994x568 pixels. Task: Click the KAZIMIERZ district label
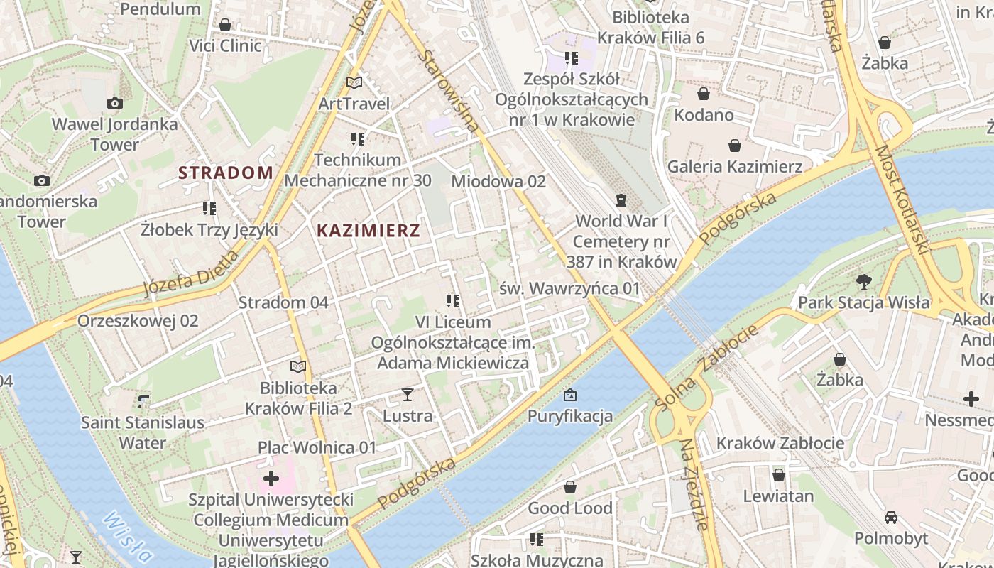pyautogui.click(x=368, y=230)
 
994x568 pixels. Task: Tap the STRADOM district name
pyautogui.click(x=226, y=173)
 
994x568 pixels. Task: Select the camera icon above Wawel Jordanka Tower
pyautogui.click(x=114, y=104)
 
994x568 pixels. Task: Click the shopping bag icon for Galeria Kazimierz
pyautogui.click(x=735, y=146)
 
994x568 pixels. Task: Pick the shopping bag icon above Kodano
pyautogui.click(x=704, y=94)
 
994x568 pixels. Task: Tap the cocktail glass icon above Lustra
pyautogui.click(x=408, y=394)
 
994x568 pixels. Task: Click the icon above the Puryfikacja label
pyautogui.click(x=569, y=395)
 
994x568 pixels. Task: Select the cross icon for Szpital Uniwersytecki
pyautogui.click(x=271, y=479)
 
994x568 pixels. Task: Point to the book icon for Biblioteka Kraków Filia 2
pyautogui.click(x=298, y=367)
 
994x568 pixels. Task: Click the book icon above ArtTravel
pyautogui.click(x=354, y=82)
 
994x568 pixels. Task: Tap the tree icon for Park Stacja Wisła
pyautogui.click(x=863, y=282)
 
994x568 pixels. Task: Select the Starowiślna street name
pyautogui.click(x=447, y=91)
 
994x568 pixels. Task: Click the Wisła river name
pyautogui.click(x=126, y=537)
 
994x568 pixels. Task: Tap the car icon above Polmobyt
pyautogui.click(x=890, y=517)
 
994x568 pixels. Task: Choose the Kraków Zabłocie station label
pyautogui.click(x=780, y=444)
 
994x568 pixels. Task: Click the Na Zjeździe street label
pyautogui.click(x=694, y=484)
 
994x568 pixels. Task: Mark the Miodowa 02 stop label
pyautogui.click(x=498, y=182)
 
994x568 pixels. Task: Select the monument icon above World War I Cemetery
pyautogui.click(x=622, y=200)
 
